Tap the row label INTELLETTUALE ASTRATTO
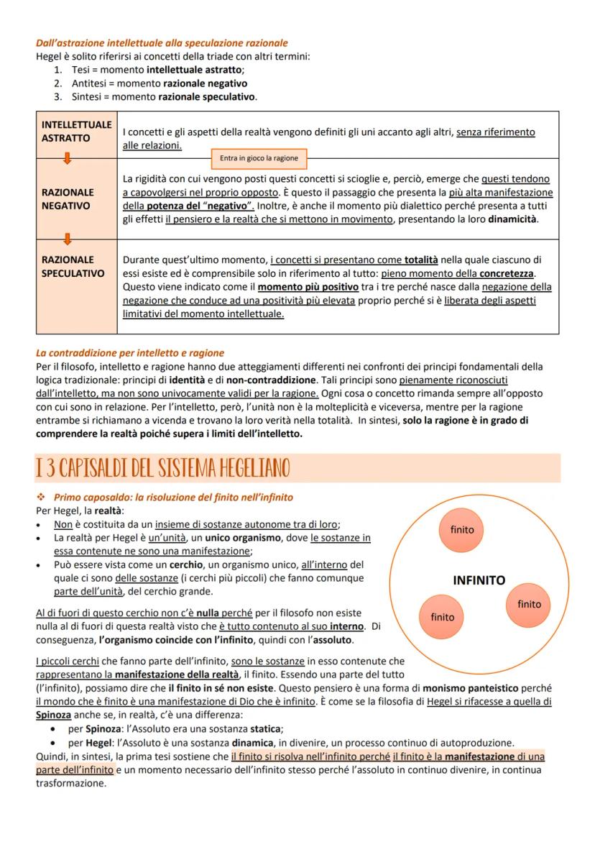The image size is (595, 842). (76, 131)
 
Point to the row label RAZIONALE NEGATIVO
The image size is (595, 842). (68, 199)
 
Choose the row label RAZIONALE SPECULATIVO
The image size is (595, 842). (73, 266)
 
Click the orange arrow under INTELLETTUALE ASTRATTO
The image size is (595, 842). (66, 160)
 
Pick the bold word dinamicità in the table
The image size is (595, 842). (512, 219)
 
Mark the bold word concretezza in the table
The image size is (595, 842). (507, 274)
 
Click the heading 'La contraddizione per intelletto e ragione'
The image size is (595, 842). (130, 353)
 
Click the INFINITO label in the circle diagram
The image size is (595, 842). (479, 580)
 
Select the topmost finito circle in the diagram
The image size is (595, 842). (462, 529)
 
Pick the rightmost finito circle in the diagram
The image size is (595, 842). (529, 604)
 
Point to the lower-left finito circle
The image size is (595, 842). (443, 617)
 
